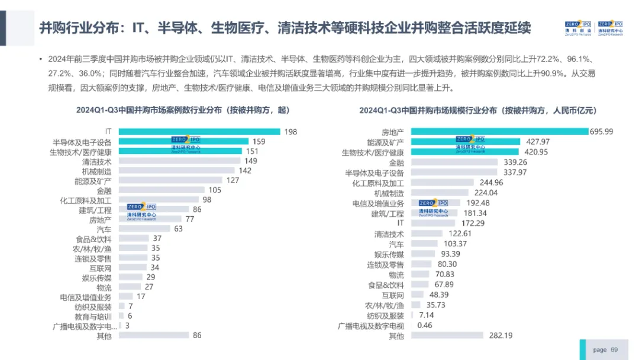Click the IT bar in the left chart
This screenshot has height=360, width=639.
coord(199,131)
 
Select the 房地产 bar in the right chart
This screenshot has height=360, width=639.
coord(499,131)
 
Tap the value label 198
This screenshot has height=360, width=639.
coord(291,131)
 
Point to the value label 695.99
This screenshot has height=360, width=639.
coord(602,131)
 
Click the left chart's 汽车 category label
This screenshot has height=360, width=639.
coord(104,230)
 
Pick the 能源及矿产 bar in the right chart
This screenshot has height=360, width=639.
coord(466,142)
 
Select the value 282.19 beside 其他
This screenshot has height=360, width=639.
coord(501,336)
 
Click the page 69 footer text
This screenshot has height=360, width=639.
coord(605,350)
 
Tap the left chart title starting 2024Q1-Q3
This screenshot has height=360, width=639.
coord(183,110)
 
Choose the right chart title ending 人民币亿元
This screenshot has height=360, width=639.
coord(478,111)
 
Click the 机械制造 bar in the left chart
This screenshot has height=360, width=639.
coord(176,171)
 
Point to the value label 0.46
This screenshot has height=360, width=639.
coord(425,325)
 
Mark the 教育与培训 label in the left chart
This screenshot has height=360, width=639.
coord(93,317)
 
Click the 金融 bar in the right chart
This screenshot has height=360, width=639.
coord(454,162)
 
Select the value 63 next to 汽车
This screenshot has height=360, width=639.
coord(179,229)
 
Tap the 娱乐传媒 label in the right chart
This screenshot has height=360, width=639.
coord(389,255)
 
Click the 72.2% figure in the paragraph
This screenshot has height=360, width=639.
coord(548,59)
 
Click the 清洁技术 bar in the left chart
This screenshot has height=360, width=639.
coord(179,160)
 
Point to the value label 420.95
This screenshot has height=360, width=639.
coord(536,152)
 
